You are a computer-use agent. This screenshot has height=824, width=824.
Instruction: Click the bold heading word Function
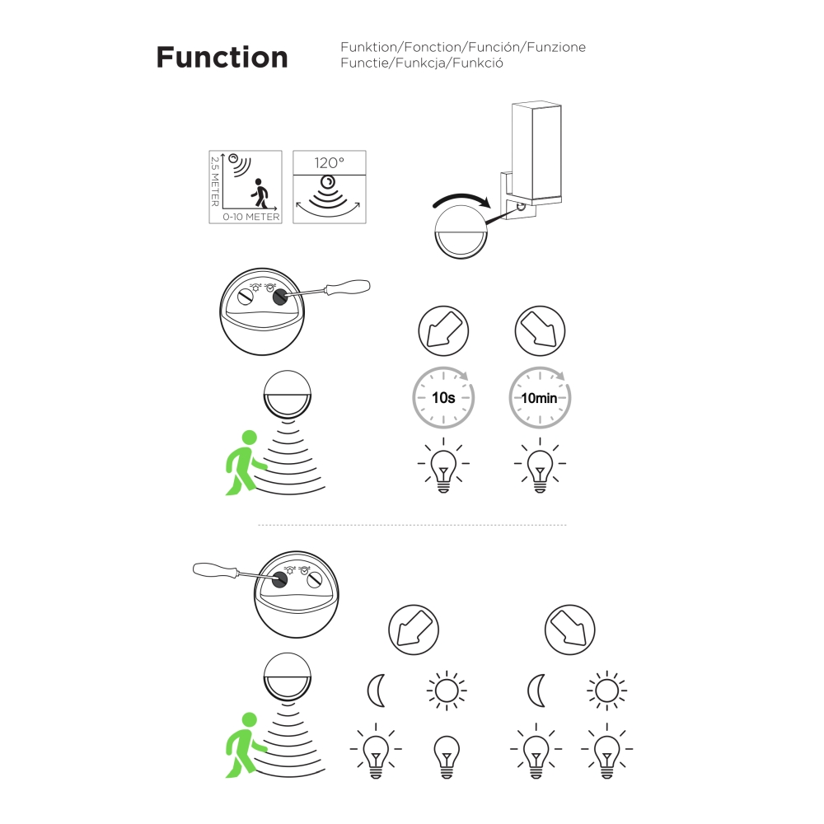point(222,58)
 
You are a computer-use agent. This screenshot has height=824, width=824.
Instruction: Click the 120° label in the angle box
point(330,163)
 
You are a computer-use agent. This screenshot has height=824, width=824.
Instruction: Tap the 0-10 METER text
point(250,217)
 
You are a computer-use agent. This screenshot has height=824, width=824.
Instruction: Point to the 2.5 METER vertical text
point(215,181)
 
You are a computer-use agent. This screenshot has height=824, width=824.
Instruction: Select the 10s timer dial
point(443,397)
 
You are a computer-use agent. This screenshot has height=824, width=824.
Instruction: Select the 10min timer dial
point(540,397)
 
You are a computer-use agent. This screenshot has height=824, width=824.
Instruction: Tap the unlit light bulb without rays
point(447,756)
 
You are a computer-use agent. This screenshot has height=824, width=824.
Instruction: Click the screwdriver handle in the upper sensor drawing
point(348,288)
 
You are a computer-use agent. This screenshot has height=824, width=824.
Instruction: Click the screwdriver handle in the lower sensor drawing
point(215,569)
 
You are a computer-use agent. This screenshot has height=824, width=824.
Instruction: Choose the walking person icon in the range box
point(260,193)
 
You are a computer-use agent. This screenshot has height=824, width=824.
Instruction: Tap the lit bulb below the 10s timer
point(443,465)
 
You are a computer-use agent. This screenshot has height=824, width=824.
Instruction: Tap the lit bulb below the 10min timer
point(540,465)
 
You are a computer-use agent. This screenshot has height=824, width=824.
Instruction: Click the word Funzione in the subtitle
point(556,47)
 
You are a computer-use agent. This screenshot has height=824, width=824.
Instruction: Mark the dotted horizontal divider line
point(412,524)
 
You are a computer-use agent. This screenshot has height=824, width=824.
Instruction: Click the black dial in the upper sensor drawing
point(280,297)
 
